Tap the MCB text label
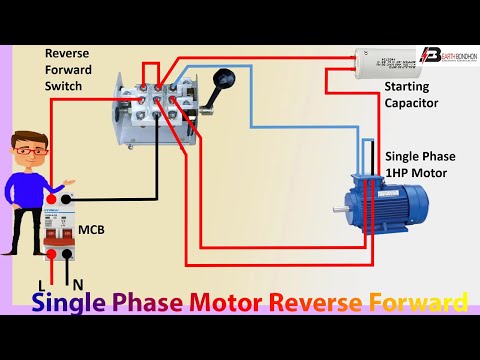(x=92, y=231)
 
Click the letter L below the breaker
(x=42, y=285)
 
